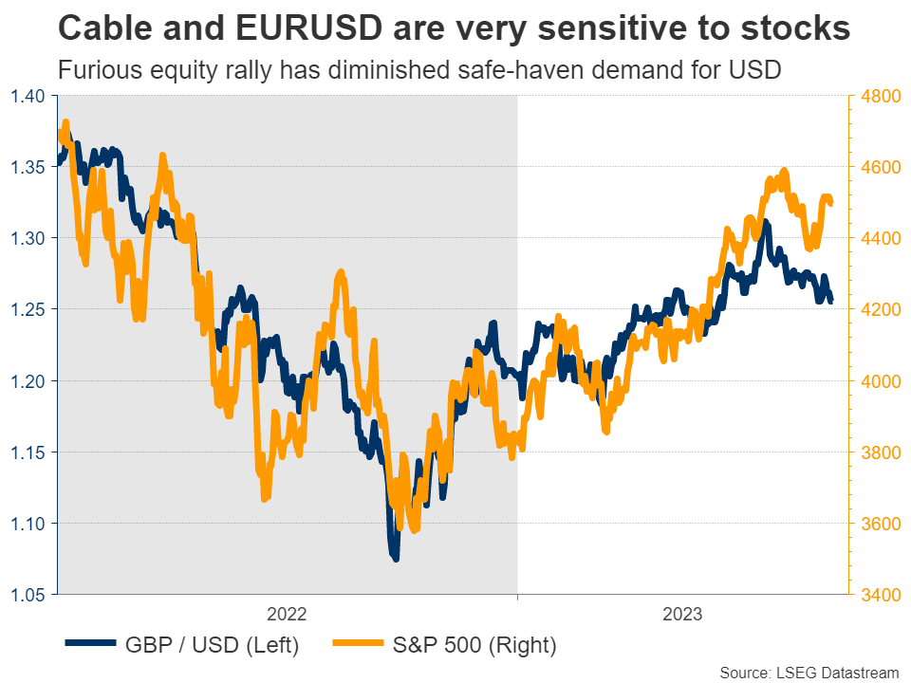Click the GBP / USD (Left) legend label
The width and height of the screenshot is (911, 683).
click(213, 646)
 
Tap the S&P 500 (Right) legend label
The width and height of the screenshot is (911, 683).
click(474, 646)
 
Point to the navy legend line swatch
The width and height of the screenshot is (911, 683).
click(90, 645)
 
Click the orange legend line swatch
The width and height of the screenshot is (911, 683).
click(357, 645)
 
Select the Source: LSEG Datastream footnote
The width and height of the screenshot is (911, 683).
click(809, 673)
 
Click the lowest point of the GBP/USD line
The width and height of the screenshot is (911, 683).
click(395, 558)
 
